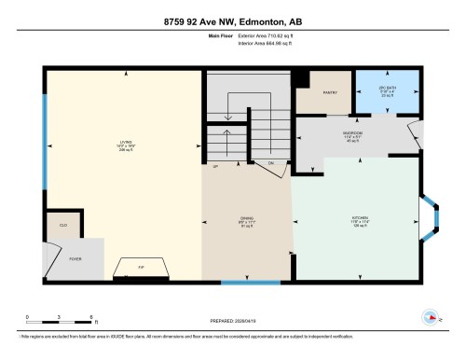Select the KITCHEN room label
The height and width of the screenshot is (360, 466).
tap(360, 220)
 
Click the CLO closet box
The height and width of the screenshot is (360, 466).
tap(63, 225)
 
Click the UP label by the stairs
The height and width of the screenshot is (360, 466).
tap(214, 167)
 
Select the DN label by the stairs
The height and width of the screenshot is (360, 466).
tap(271, 163)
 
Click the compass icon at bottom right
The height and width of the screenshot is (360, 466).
tap(435, 317)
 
